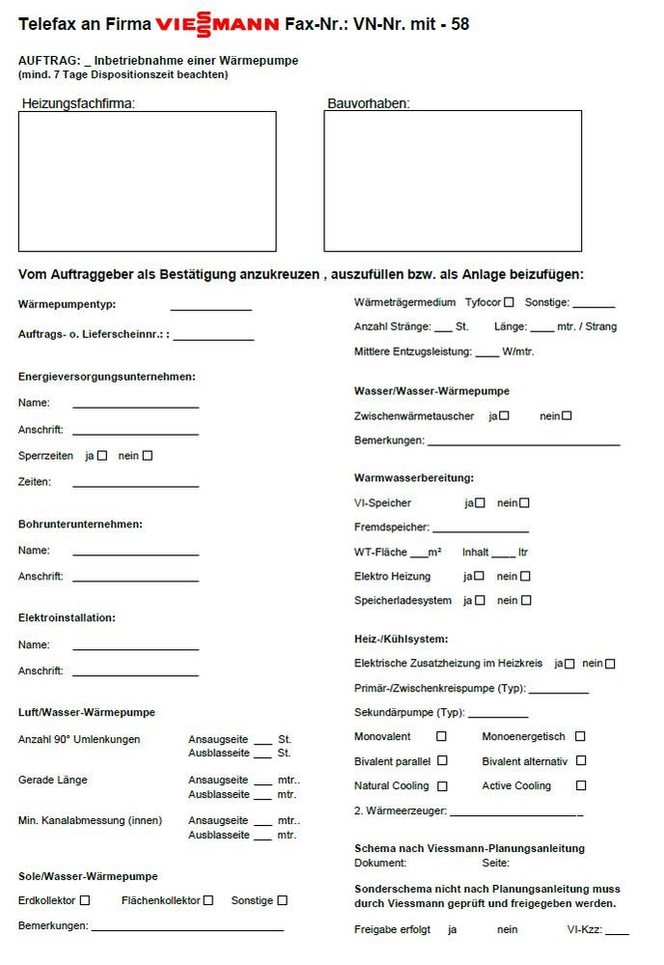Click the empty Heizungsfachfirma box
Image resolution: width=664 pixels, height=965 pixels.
(147, 181)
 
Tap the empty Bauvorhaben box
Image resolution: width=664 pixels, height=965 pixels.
(453, 181)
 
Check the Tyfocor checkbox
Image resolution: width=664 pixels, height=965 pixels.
(509, 302)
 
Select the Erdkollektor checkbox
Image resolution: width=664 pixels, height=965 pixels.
(85, 900)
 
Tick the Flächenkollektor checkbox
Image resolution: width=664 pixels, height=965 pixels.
(208, 900)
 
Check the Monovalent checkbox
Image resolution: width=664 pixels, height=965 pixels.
(442, 736)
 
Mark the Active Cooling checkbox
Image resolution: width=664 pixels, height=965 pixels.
(581, 785)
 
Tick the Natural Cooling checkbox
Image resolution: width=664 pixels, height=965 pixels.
(442, 785)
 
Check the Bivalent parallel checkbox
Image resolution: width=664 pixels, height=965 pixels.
(442, 761)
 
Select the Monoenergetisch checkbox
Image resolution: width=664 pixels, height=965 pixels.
(580, 736)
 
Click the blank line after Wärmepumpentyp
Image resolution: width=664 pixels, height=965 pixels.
(210, 309)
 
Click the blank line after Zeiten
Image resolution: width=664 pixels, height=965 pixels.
(135, 486)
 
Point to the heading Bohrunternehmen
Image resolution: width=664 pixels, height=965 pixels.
(80, 525)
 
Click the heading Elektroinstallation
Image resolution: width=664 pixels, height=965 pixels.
(67, 617)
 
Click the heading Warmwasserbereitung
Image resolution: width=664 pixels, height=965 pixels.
(414, 478)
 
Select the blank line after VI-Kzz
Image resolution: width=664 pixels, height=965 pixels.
(617, 934)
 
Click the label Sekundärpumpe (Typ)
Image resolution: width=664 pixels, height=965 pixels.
(409, 713)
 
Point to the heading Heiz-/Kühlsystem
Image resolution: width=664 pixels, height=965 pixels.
(401, 639)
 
